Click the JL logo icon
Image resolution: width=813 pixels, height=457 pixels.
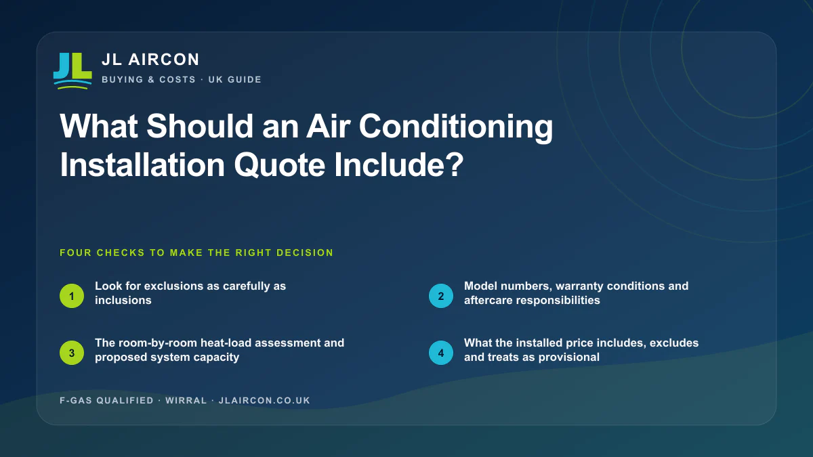[72, 70]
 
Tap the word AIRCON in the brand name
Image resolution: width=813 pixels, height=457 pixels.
[164, 60]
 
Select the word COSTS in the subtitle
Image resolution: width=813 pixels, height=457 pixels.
[178, 79]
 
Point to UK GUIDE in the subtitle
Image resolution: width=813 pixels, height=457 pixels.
[235, 79]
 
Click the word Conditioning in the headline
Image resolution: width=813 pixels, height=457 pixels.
[456, 127]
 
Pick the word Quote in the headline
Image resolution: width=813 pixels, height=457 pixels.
[279, 165]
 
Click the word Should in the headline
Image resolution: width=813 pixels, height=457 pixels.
[200, 126]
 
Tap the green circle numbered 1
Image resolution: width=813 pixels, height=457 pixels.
[72, 296]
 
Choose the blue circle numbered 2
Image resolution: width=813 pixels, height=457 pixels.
[441, 296]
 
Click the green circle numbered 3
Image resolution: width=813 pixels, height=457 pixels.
[72, 353]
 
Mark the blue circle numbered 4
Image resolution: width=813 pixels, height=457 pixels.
[441, 353]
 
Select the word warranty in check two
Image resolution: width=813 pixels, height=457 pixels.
[580, 286]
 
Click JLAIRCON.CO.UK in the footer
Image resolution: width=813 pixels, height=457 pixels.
[265, 400]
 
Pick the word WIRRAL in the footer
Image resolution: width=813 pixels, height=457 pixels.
[186, 400]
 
